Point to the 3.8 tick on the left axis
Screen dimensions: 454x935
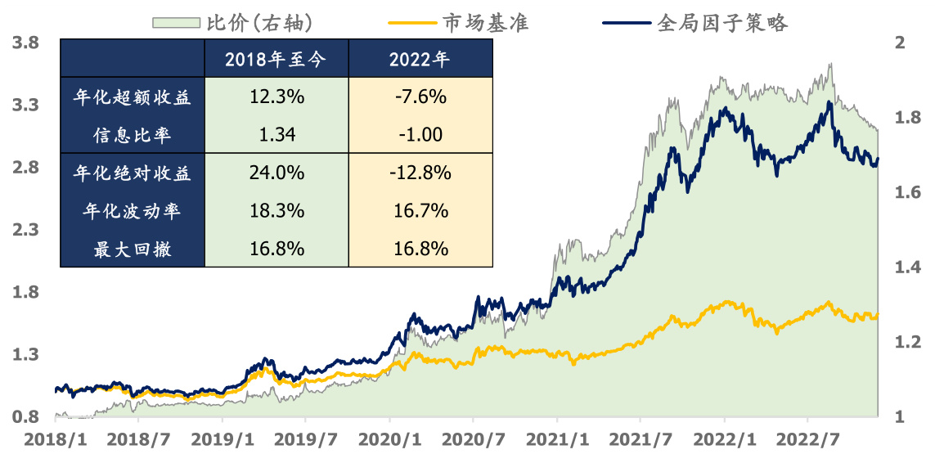(x=25, y=43)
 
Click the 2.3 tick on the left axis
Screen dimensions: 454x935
(x=25, y=231)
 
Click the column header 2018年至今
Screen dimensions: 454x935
(x=276, y=60)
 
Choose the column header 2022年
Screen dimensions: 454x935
(x=420, y=60)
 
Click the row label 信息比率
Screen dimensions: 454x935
(x=132, y=135)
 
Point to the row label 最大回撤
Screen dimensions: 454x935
(x=132, y=249)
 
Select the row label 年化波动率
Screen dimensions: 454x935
(x=132, y=211)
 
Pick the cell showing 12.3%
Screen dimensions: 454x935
(x=276, y=97)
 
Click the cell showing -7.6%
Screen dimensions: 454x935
(x=420, y=97)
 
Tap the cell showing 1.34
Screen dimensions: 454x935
(x=276, y=135)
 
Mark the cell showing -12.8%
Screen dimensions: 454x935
(x=420, y=173)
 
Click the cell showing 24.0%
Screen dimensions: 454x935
(x=276, y=173)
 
